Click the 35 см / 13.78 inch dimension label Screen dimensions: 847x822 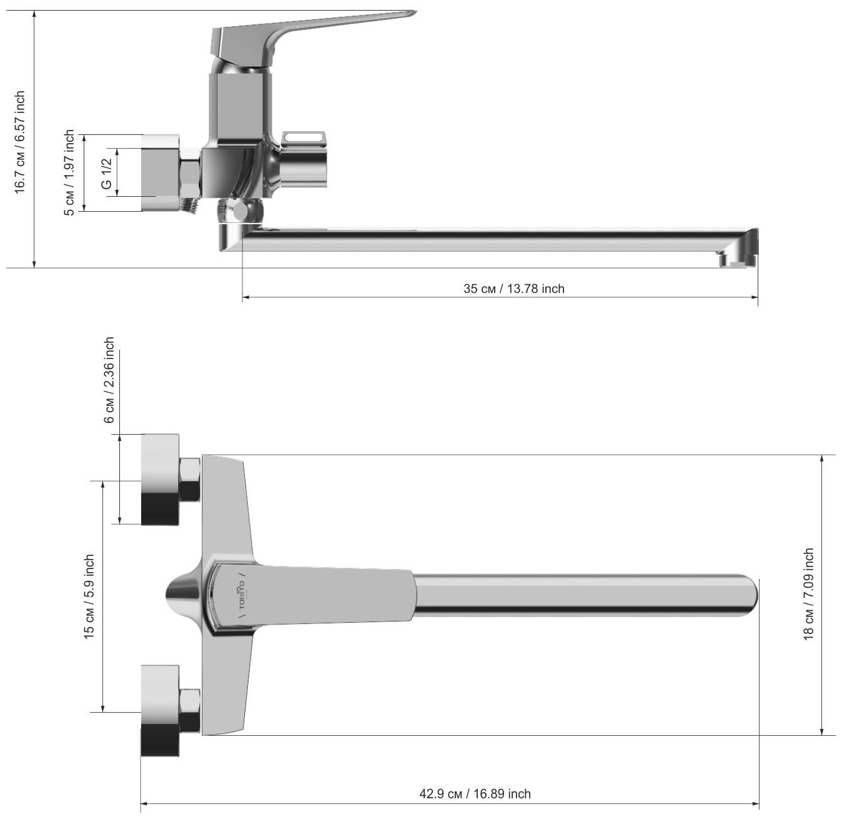coord(513,289)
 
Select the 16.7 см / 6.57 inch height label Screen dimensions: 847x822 coord(20,142)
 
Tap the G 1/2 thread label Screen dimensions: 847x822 coord(106,173)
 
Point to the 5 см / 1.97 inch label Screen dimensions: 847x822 coord(69,173)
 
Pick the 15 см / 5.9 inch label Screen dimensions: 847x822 coord(89,597)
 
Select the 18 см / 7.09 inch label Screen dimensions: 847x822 coord(808,594)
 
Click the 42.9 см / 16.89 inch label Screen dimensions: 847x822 coord(475,794)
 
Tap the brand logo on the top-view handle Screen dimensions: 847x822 coord(240,595)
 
